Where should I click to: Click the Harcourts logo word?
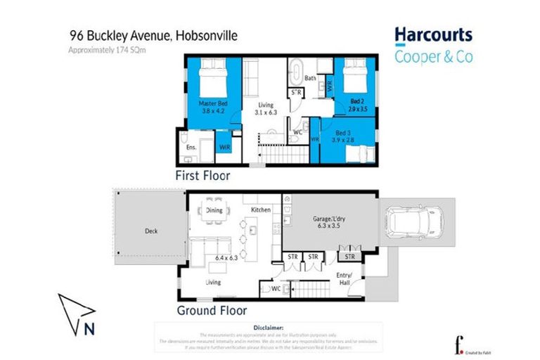[x=432, y=34]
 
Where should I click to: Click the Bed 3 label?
[x=345, y=132]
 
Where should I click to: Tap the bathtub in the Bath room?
[x=297, y=72]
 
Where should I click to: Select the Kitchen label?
[x=262, y=210]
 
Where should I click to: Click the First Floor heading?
[x=203, y=176]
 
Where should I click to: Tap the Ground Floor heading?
[x=212, y=310]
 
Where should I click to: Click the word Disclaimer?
[x=270, y=327]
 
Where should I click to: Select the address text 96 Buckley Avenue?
[x=119, y=34]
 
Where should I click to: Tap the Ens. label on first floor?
[x=191, y=148]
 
